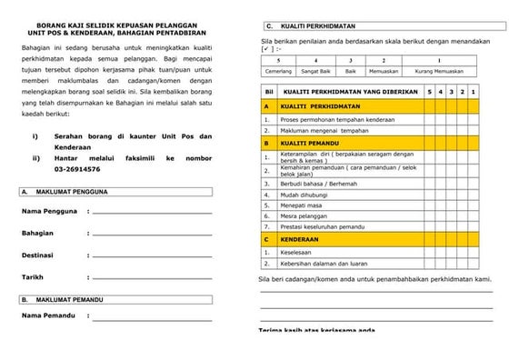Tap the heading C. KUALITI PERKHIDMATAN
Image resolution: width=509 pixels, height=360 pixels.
pyautogui.click(x=313, y=25)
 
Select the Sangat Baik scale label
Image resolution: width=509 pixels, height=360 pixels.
pyautogui.click(x=315, y=70)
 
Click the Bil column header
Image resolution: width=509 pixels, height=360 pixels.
pyautogui.click(x=268, y=93)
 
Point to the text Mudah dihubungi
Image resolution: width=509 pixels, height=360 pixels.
pyautogui.click(x=304, y=194)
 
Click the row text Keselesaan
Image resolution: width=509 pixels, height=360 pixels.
pyautogui.click(x=297, y=254)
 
